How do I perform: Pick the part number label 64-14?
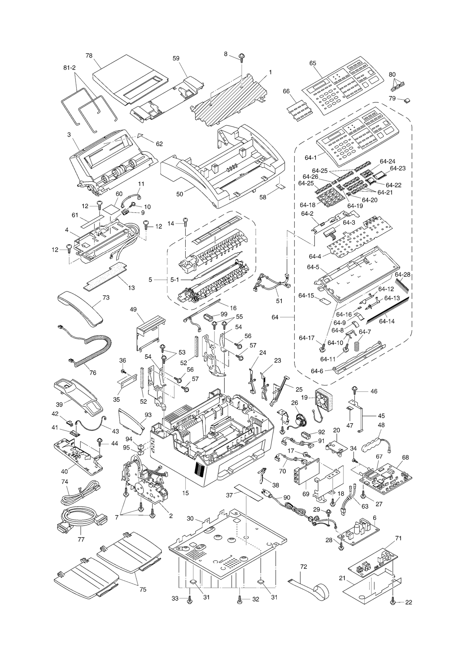click(387, 321)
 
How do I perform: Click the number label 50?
click(180, 194)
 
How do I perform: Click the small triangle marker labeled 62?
click(141, 135)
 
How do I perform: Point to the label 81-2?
click(70, 68)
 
